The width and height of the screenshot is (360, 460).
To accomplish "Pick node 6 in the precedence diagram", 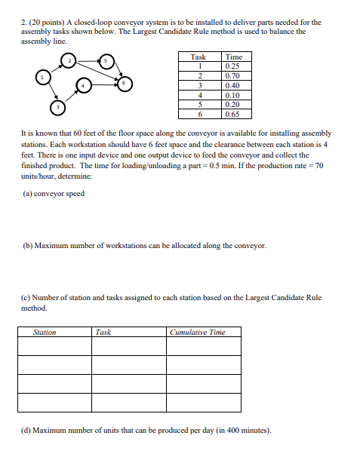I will (x=125, y=82).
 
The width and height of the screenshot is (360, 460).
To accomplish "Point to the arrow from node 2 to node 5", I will (x=88, y=60).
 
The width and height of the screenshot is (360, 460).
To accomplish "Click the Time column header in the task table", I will (x=234, y=57).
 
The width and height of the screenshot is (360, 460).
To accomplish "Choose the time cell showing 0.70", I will (x=234, y=76).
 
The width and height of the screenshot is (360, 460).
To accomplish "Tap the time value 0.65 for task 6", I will (x=234, y=115).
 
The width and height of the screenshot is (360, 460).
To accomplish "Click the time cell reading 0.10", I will (x=234, y=96).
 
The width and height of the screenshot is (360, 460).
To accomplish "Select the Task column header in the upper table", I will (x=198, y=57).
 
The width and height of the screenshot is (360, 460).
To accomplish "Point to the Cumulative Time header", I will (x=198, y=332).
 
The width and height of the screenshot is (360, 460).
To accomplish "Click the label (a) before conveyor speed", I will (x=27, y=193).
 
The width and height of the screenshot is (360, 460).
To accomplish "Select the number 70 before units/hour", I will (x=318, y=164).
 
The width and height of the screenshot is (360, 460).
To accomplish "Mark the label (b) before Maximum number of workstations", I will (x=27, y=246).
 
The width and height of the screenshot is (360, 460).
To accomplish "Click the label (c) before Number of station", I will (x=27, y=298).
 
